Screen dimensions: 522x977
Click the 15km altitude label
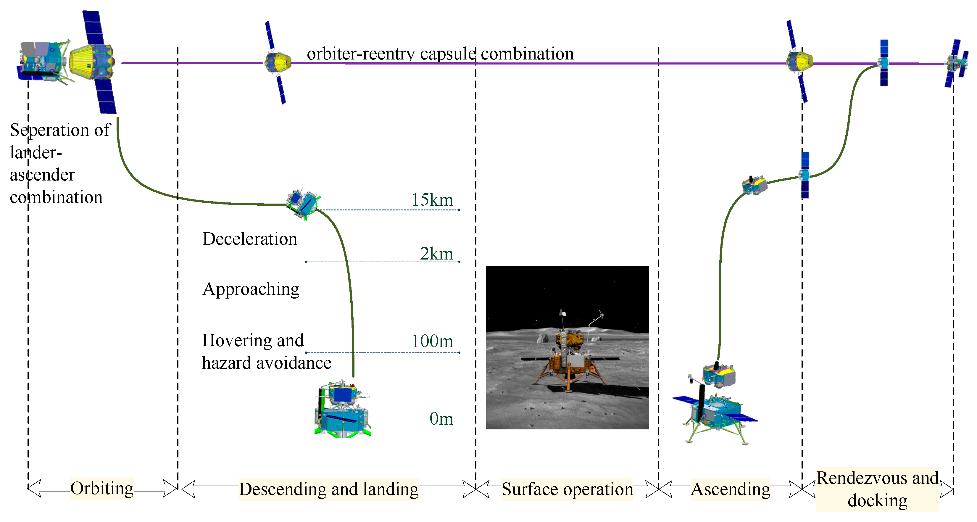(x=432, y=200)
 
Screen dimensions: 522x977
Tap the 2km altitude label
(x=436, y=253)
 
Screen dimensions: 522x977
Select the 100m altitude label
(x=432, y=341)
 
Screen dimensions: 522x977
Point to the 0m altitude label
(x=441, y=419)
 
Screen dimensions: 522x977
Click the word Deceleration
(x=249, y=239)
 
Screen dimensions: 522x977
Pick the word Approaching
(x=251, y=289)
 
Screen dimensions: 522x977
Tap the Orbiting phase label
(x=102, y=488)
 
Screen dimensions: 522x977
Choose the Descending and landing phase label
(x=328, y=489)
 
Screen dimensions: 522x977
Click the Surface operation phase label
(x=567, y=489)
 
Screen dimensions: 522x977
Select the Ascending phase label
(x=730, y=489)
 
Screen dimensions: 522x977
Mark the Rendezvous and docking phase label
(x=877, y=489)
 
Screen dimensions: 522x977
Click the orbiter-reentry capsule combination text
(x=440, y=54)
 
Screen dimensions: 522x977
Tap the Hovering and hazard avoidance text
(x=265, y=351)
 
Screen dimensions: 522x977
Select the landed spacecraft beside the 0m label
(x=342, y=409)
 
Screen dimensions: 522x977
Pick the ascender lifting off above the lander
(x=719, y=375)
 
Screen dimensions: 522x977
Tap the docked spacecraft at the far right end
(x=956, y=63)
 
